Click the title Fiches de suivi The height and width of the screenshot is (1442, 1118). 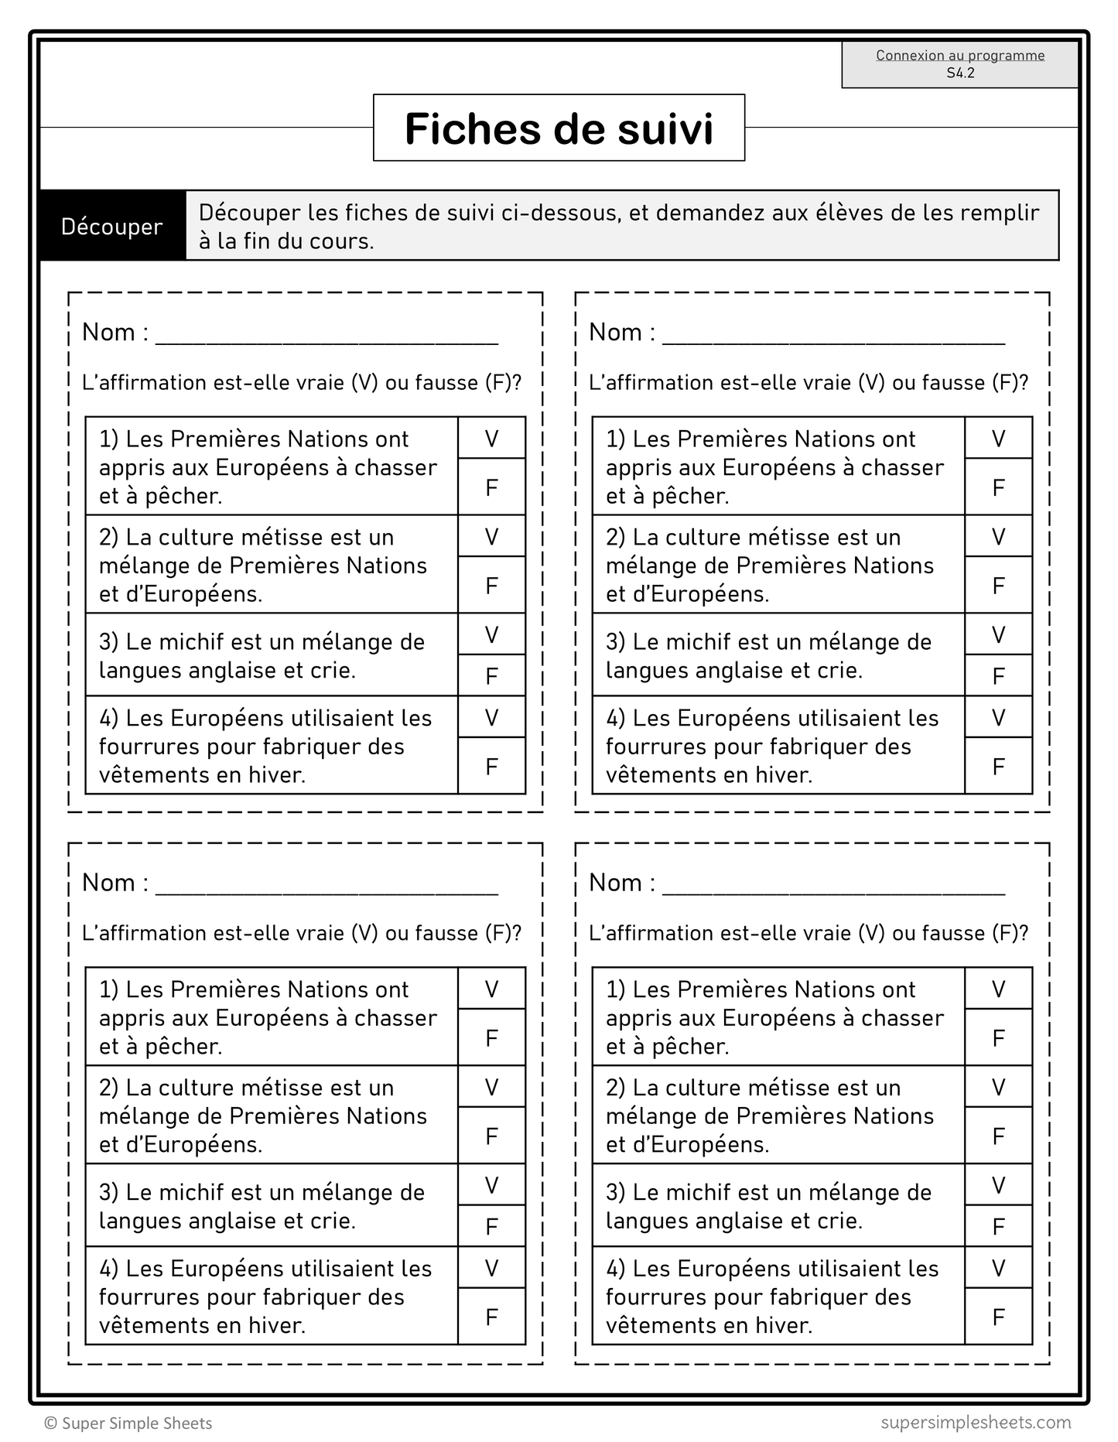tap(559, 128)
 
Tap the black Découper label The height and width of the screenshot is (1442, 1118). tap(112, 227)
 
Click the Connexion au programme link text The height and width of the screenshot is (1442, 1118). tap(960, 56)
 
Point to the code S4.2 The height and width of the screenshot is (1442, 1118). tap(960, 73)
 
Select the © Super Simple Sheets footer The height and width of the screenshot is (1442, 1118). tap(128, 1423)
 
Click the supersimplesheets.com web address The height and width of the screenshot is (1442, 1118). tap(976, 1422)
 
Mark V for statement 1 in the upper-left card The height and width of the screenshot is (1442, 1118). tap(491, 439)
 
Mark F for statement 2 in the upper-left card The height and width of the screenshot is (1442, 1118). tap(491, 586)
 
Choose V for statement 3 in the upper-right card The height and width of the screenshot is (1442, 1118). tap(998, 635)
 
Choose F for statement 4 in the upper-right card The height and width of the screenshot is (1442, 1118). tap(998, 767)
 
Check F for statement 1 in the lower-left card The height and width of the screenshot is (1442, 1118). tap(491, 1038)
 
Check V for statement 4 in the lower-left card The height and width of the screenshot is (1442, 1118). tap(491, 1268)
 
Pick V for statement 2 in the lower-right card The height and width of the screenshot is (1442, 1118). tap(998, 1088)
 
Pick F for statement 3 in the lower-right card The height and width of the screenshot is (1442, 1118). tap(998, 1226)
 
